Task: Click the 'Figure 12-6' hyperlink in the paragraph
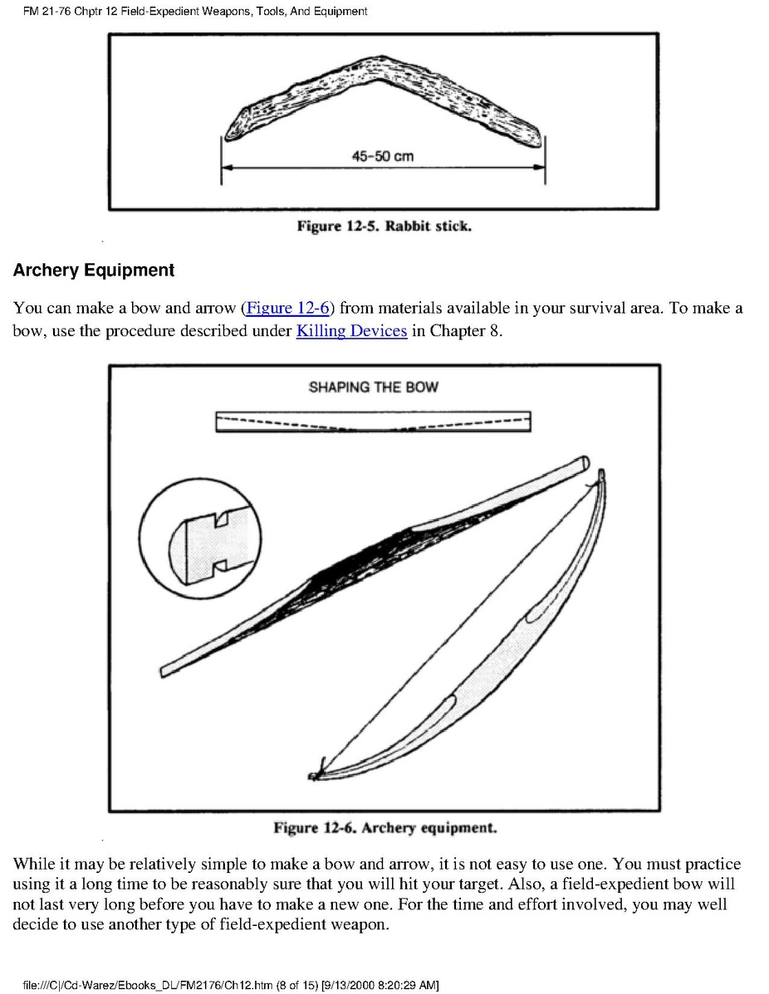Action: click(287, 309)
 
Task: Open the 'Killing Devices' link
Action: click(351, 332)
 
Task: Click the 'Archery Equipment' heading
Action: click(94, 270)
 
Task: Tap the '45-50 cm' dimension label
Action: click(383, 156)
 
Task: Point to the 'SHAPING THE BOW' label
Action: click(373, 387)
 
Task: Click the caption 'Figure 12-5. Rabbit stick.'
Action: click(384, 226)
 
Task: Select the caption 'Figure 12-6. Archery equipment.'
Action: click(385, 828)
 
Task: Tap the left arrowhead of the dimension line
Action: click(225, 168)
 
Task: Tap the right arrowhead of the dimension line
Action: click(541, 168)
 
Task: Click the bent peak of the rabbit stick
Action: click(379, 66)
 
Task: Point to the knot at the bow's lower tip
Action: click(316, 774)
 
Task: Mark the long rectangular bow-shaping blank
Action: click(373, 421)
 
